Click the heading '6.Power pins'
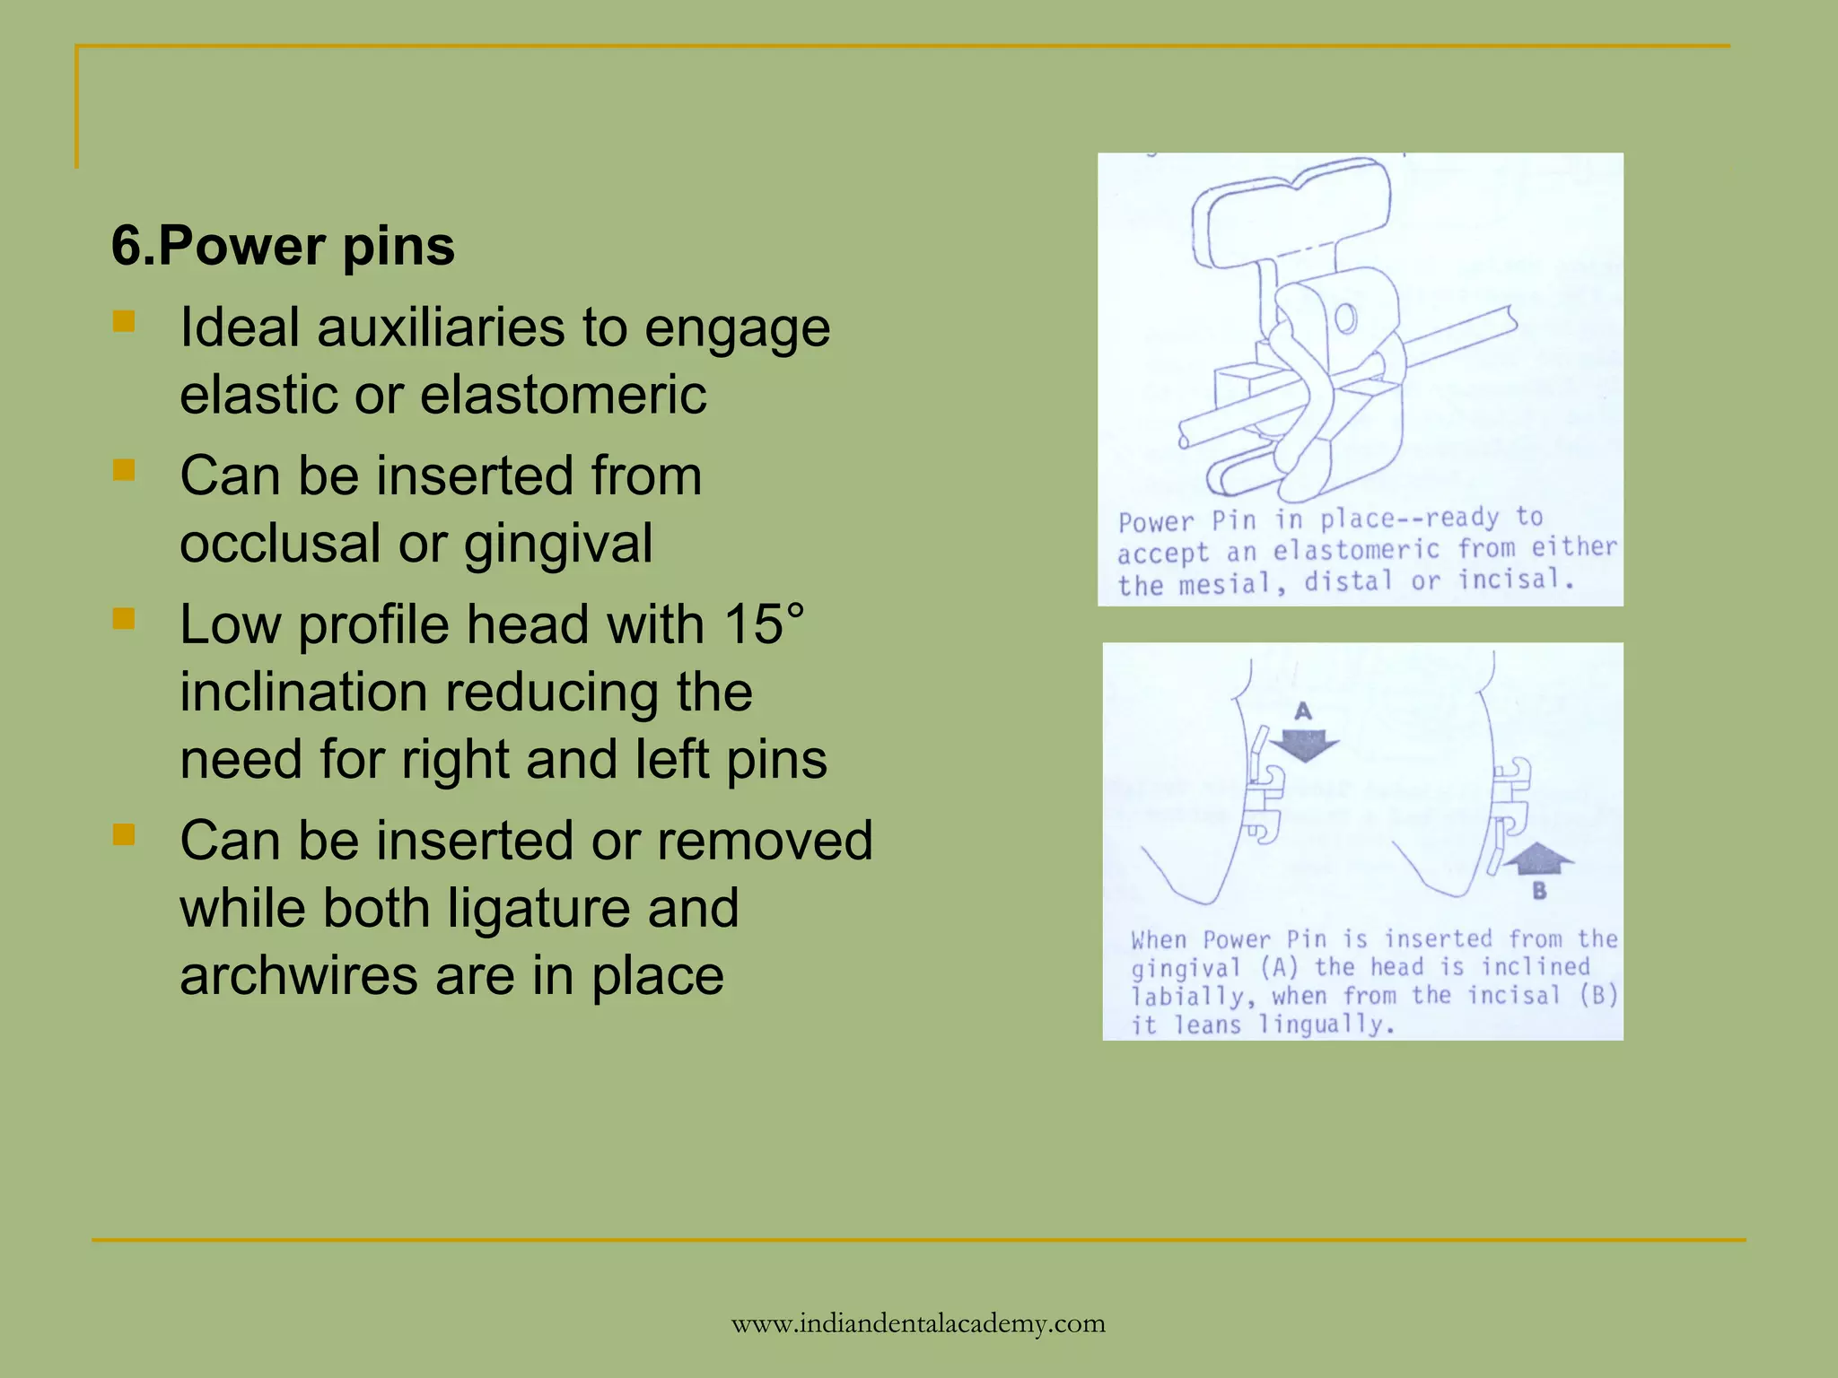coord(283,246)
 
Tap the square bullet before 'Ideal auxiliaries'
coord(124,321)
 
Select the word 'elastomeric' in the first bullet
coord(563,395)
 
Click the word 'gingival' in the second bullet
coord(557,544)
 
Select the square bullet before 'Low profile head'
coord(124,618)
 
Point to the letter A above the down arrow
coord(1303,711)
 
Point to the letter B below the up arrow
coord(1539,891)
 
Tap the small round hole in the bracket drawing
coord(1345,318)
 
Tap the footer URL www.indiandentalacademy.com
coord(918,1323)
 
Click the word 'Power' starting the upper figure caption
coord(1156,522)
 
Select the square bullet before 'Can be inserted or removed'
coord(124,835)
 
